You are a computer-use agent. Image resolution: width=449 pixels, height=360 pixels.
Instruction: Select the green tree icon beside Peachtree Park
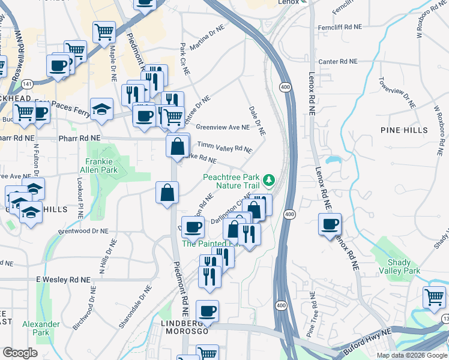(x=270, y=178)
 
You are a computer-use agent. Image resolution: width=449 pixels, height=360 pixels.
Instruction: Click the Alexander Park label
(x=41, y=328)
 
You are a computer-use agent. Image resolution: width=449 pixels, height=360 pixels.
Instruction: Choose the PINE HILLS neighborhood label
(x=404, y=130)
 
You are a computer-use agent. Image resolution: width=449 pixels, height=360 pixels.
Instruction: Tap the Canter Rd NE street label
(x=337, y=62)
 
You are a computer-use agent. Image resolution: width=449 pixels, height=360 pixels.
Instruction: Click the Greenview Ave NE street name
(x=222, y=127)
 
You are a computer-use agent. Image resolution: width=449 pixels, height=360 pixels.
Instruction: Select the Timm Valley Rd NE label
(x=225, y=148)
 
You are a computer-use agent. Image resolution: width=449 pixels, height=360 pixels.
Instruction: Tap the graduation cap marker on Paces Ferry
(x=103, y=109)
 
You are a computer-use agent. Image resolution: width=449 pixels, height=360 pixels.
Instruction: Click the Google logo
(x=20, y=353)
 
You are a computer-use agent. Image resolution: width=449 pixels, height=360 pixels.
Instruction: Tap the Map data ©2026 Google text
(x=411, y=355)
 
